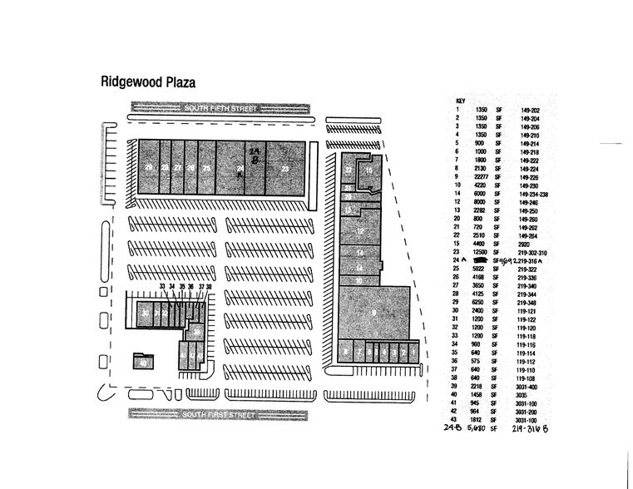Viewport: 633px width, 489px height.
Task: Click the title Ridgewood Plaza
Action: [x=146, y=83]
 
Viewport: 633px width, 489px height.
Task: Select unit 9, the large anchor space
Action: [x=374, y=313]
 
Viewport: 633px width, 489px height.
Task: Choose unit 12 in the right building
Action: [x=360, y=230]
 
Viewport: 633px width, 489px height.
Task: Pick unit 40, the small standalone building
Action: [x=143, y=363]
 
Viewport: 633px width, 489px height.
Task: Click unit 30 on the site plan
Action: [x=145, y=314]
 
